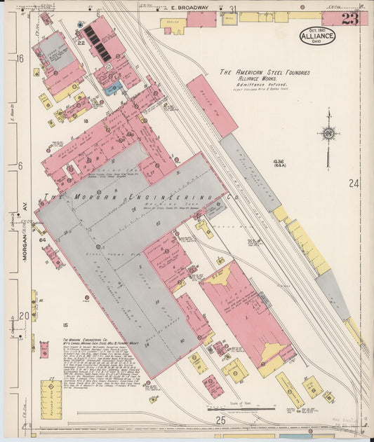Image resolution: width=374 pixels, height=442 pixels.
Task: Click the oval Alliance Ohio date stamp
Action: click(x=318, y=36)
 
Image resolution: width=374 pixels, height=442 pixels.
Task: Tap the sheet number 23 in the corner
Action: click(x=350, y=18)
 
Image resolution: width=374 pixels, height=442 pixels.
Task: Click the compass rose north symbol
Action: click(x=327, y=133)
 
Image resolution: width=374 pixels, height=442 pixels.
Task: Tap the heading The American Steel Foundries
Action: click(x=264, y=72)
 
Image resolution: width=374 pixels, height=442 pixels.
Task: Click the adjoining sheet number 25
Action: click(x=219, y=420)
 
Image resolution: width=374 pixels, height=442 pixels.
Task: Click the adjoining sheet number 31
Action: click(x=232, y=9)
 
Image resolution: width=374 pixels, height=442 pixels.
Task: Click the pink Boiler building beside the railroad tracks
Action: click(x=211, y=105)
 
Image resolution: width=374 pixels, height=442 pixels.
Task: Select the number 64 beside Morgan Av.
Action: click(x=42, y=240)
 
